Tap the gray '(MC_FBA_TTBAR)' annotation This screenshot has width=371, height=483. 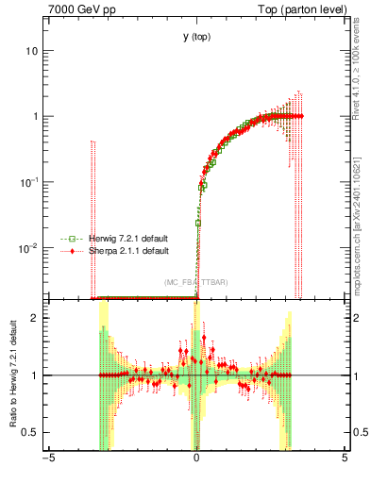click(x=196, y=282)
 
